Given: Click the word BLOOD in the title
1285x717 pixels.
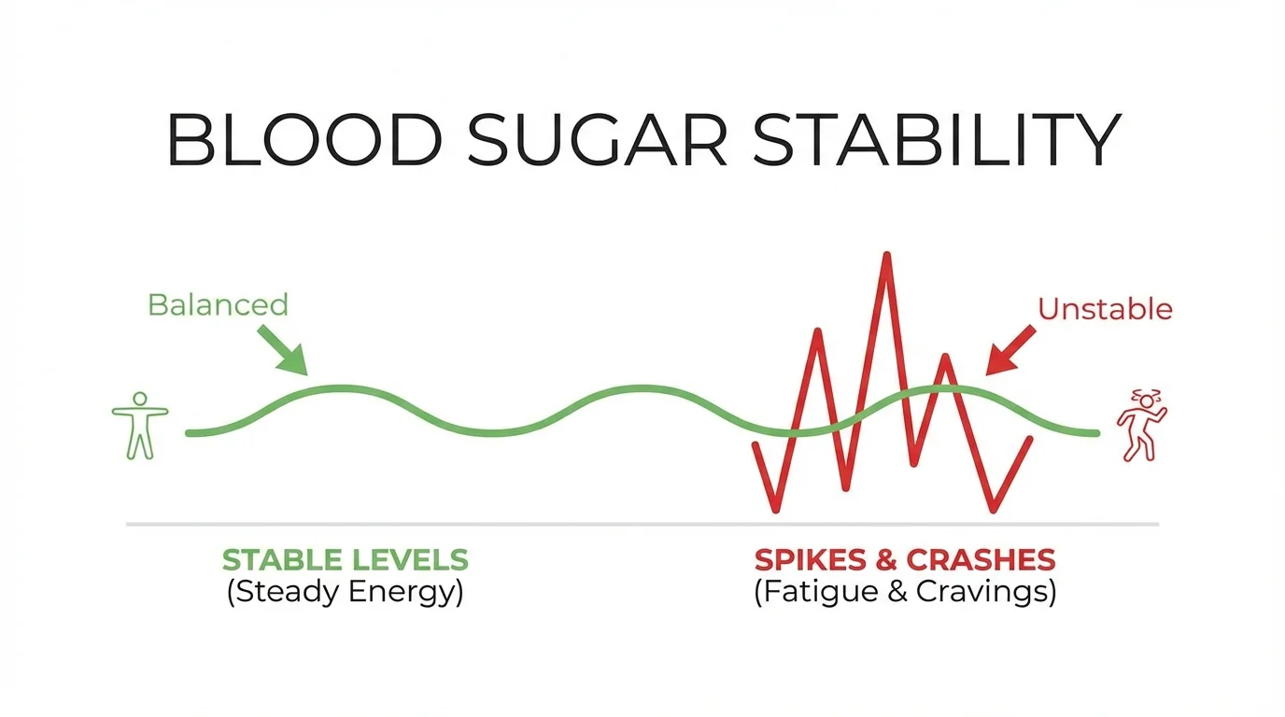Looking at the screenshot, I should [x=304, y=141].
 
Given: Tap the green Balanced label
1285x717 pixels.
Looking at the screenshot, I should [x=218, y=304].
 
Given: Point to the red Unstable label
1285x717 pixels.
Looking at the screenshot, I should [x=1105, y=309].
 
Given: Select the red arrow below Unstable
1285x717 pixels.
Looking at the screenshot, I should [x=1010, y=351].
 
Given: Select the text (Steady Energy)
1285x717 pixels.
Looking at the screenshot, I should [x=345, y=593].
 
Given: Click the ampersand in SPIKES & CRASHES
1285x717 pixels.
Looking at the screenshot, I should [x=890, y=560].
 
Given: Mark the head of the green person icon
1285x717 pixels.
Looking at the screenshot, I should [x=140, y=400].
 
